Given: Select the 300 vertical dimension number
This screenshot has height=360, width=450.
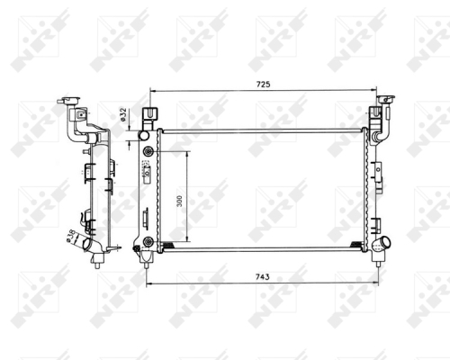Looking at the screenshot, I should click(x=179, y=200).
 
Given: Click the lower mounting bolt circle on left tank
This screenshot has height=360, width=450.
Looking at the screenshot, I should click(x=147, y=240).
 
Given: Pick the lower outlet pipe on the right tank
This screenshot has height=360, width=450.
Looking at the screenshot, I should click(x=383, y=242).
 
